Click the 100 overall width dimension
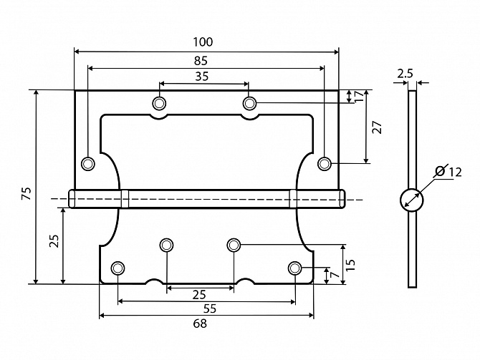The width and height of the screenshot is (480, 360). (x=203, y=42)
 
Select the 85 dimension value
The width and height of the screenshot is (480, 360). (x=201, y=61)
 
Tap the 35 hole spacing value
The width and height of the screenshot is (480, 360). (x=202, y=76)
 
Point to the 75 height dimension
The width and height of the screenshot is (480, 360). (x=27, y=193)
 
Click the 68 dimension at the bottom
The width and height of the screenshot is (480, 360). (x=200, y=323)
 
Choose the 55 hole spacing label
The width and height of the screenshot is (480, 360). (x=210, y=308)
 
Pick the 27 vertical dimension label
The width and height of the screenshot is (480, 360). (x=377, y=127)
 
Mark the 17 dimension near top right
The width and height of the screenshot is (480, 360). (x=359, y=96)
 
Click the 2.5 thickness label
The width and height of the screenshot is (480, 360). (x=405, y=74)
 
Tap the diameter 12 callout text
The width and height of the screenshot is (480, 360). (x=448, y=171)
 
